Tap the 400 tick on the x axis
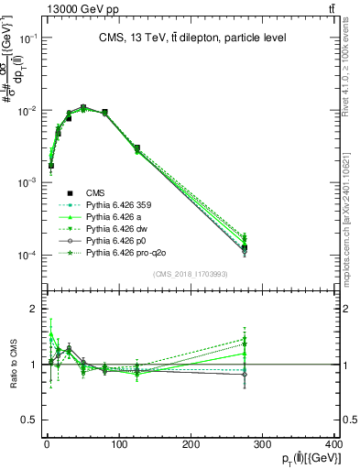click(334, 444)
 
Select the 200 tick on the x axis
click(191, 444)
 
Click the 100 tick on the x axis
click(118, 444)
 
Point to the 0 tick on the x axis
click(47, 444)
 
